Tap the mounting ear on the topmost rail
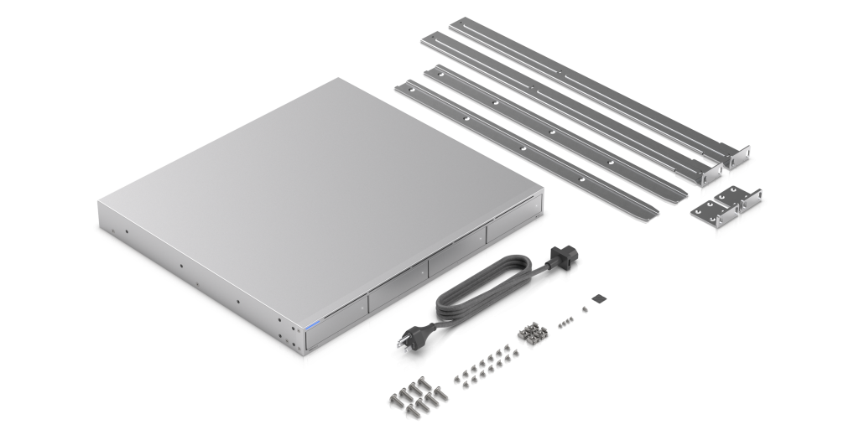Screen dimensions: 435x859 click(x=736, y=156)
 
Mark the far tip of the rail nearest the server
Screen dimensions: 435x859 click(x=409, y=85)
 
